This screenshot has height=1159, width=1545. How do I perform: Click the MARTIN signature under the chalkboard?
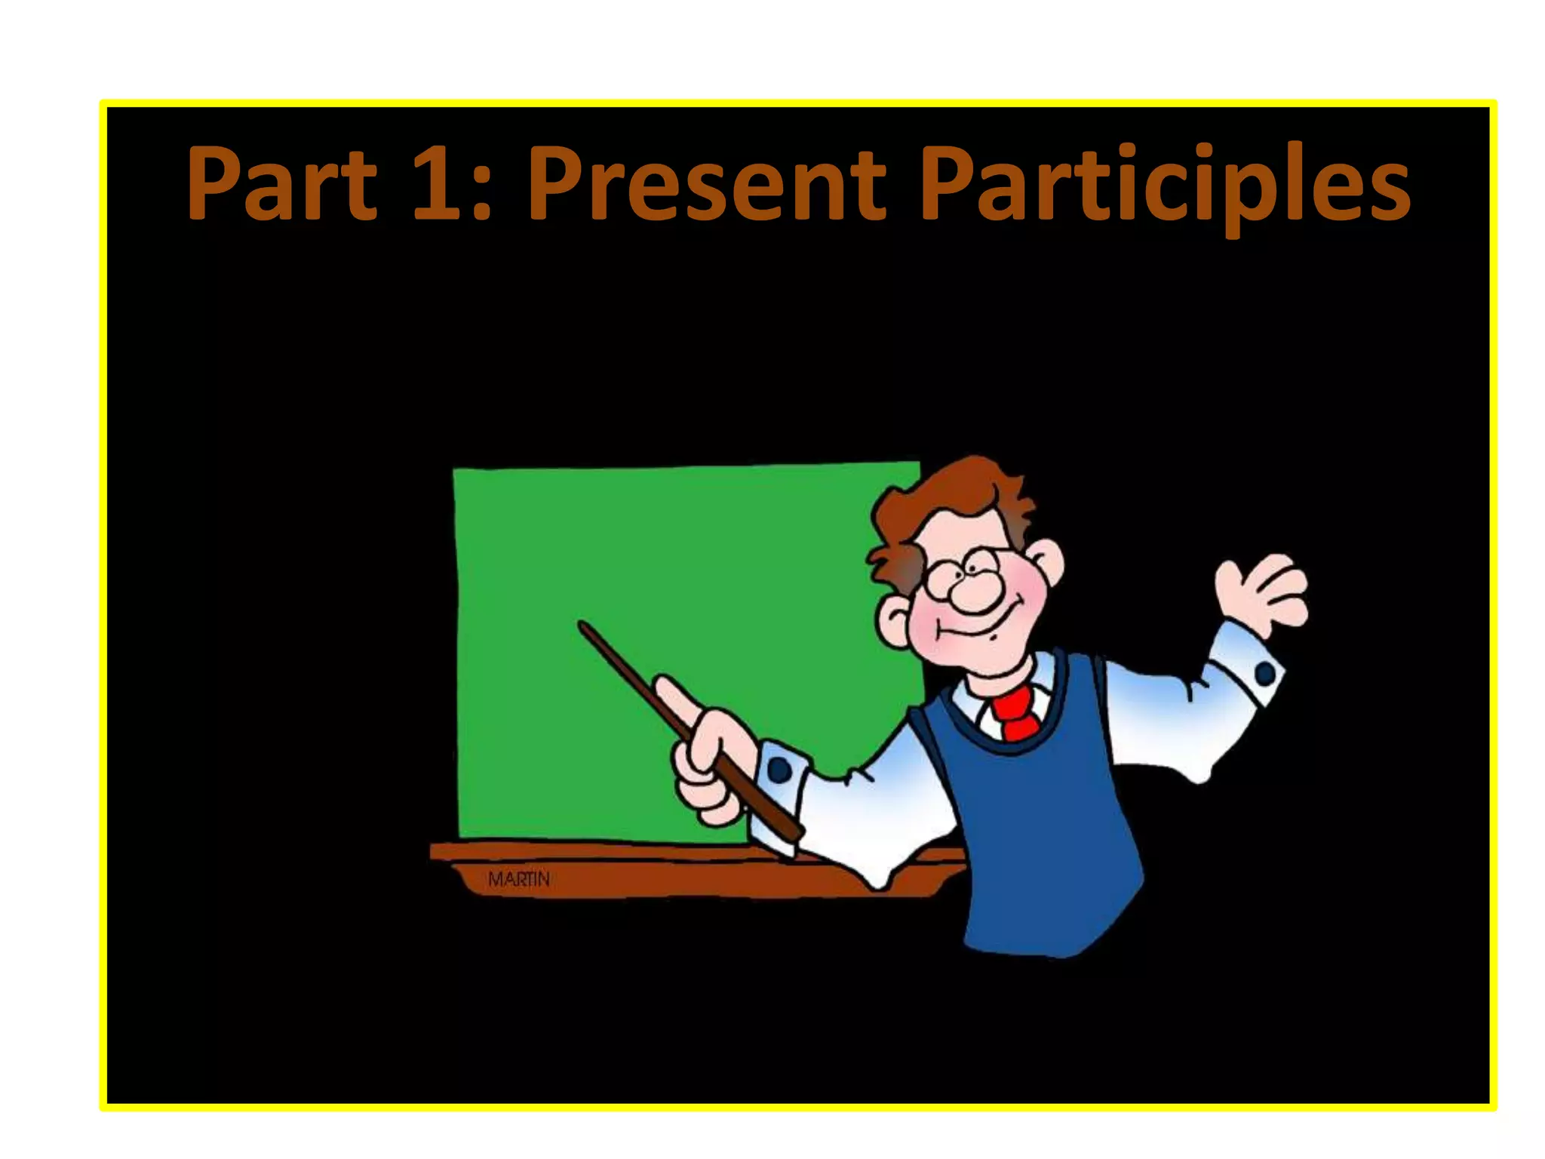[519, 879]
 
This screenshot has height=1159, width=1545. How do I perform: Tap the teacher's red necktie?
[1015, 712]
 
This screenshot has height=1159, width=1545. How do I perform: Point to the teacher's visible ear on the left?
[895, 619]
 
